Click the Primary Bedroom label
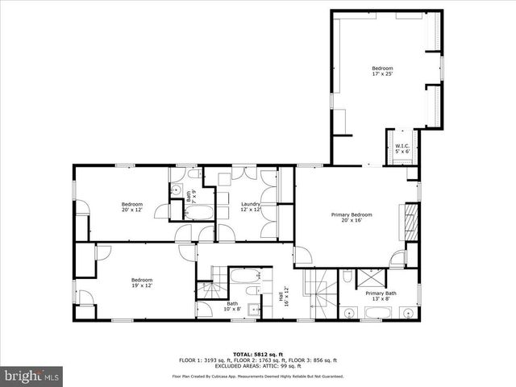(x=352, y=214)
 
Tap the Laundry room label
(x=251, y=205)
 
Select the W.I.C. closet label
(x=402, y=147)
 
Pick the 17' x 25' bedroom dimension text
(x=382, y=73)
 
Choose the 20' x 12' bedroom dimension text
(x=132, y=210)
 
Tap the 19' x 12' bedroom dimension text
(x=142, y=285)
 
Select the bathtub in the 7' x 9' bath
(x=199, y=213)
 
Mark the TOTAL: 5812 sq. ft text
(x=257, y=354)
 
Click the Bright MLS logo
(x=32, y=375)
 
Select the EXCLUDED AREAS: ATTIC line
(x=257, y=365)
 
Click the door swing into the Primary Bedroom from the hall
(x=303, y=256)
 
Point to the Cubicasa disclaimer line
(x=257, y=377)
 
